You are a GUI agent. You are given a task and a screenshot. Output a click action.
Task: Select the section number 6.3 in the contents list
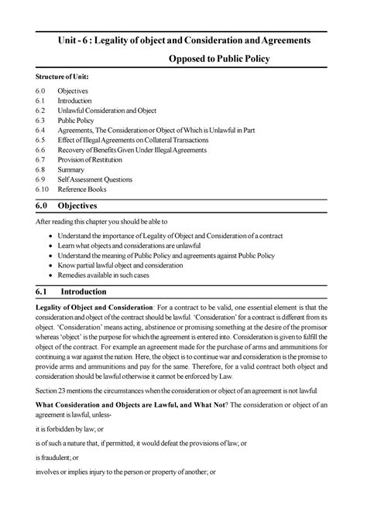pyautogui.click(x=41, y=122)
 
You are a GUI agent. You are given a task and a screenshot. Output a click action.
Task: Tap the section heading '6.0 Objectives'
pyautogui.click(x=74, y=206)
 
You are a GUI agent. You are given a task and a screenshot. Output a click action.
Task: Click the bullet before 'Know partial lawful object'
pyautogui.click(x=50, y=263)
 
